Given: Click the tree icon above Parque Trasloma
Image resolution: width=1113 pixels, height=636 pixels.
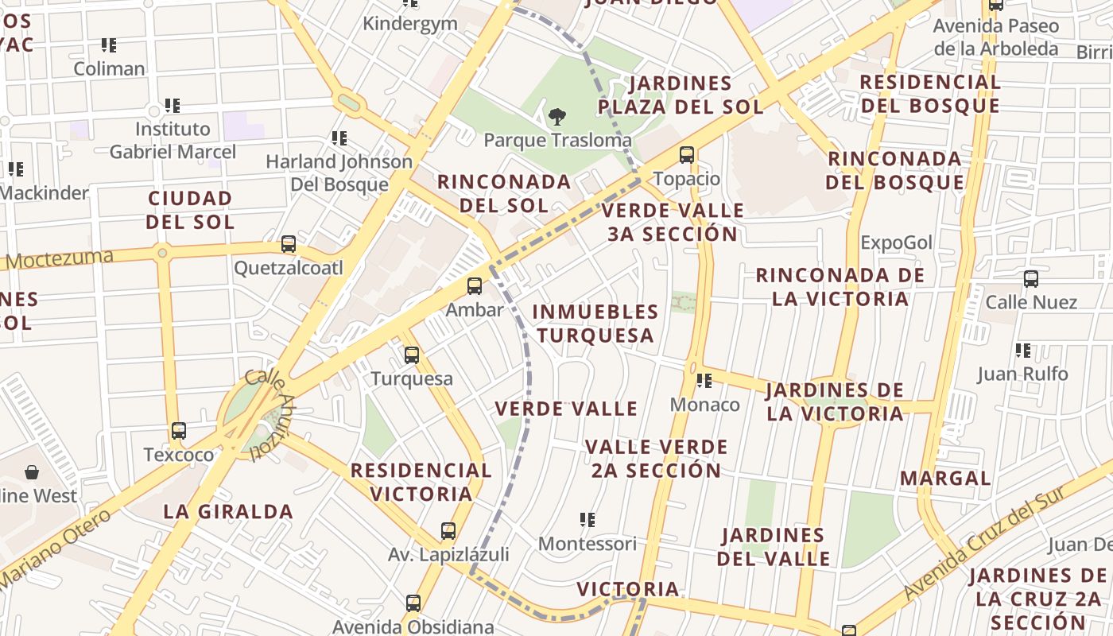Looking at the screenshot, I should click(557, 117).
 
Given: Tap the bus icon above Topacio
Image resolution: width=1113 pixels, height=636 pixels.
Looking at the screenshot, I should click(687, 155).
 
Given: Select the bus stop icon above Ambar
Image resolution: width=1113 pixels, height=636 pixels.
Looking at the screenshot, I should click(475, 286).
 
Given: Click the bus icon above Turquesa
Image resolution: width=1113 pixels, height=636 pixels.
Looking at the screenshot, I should click(412, 355).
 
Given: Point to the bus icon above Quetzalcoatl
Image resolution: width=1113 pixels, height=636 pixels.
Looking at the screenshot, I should click(289, 244).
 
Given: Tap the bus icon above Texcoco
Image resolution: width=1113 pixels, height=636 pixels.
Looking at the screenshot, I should click(179, 431).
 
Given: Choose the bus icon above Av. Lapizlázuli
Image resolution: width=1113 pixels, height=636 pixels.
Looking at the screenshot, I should click(448, 531).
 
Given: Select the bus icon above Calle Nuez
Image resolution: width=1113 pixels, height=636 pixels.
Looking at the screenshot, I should click(1031, 279).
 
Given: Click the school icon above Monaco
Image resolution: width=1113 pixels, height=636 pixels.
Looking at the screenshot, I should click(704, 382).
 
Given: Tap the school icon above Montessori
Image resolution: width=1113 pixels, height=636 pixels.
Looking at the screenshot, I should click(588, 520).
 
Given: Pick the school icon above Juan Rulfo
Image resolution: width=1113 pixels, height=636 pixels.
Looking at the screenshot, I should click(1023, 350).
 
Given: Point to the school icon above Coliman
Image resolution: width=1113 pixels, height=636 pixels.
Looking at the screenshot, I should click(109, 45).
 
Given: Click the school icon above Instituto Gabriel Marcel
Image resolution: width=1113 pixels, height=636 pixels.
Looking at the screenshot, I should click(173, 105).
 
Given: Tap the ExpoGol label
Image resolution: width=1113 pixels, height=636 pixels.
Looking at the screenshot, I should click(896, 242).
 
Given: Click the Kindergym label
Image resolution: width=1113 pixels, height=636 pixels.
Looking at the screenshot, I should click(410, 23).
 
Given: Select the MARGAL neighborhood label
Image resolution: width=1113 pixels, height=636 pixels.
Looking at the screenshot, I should click(945, 479).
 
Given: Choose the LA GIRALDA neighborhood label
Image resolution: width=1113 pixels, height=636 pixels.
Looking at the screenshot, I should click(228, 511).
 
